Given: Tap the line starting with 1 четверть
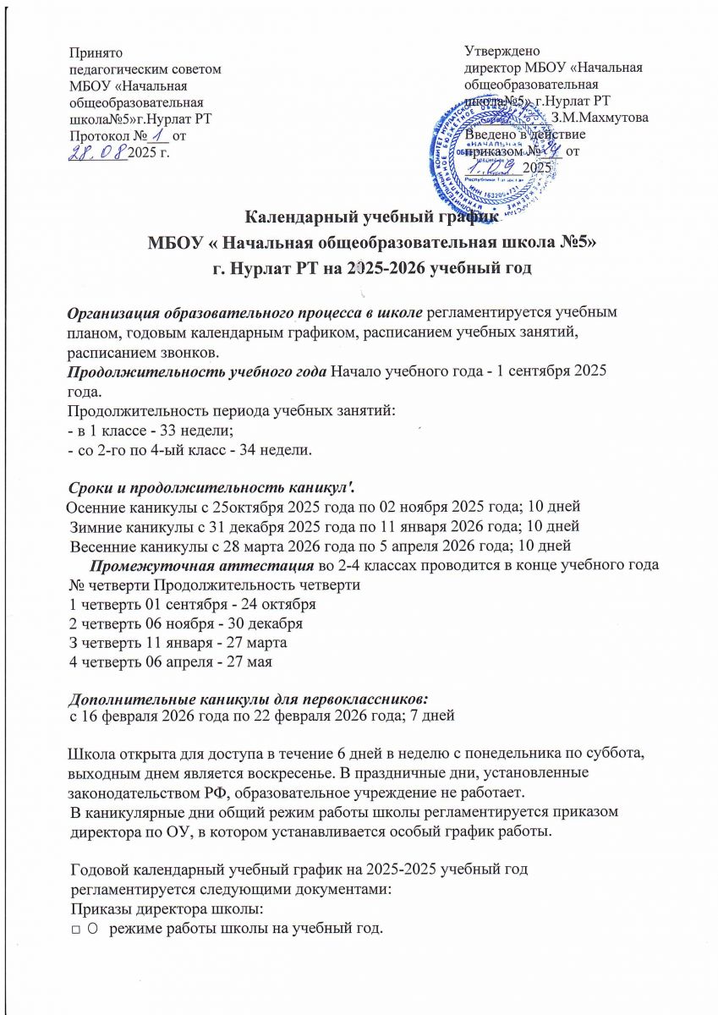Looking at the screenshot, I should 192,605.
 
